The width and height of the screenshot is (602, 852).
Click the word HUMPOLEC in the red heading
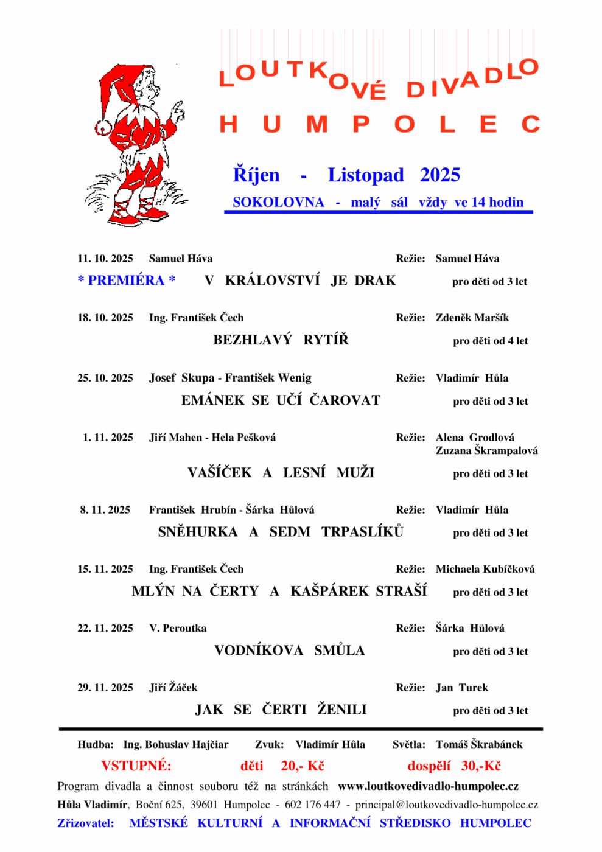coord(379,125)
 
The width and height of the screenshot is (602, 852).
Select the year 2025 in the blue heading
coord(439,175)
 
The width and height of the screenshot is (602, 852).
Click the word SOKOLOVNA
coord(278,203)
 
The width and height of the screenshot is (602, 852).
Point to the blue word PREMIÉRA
coord(126,281)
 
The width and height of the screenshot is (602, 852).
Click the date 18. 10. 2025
coord(105,318)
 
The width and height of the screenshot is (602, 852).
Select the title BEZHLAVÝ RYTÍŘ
coord(281,340)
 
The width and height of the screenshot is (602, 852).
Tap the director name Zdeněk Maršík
coord(472,318)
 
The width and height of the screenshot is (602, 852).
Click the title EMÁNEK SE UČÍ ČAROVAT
coord(281,400)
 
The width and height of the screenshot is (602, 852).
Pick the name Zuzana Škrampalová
coord(486,451)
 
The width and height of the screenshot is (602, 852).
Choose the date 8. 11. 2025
coord(105,510)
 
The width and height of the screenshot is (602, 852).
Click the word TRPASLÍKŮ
coord(362,532)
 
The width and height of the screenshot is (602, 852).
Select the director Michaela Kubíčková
coord(485,569)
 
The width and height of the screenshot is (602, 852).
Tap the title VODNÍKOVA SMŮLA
coord(289,651)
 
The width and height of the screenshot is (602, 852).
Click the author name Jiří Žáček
coord(173,688)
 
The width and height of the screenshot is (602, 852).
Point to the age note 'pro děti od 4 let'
coord(490,341)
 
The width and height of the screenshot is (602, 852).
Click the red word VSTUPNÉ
coord(136,766)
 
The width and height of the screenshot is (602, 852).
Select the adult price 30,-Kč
coord(481,766)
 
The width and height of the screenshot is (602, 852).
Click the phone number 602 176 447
coord(313,805)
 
